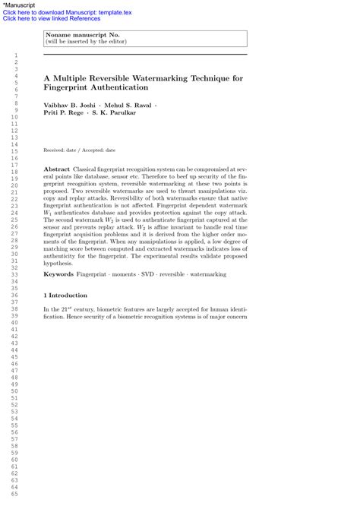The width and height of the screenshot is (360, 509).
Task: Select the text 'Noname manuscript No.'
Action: pyautogui.click(x=82, y=35)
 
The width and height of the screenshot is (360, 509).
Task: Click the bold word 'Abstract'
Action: pyautogui.click(x=57, y=169)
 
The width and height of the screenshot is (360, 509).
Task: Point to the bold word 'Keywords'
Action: pyautogui.click(x=58, y=273)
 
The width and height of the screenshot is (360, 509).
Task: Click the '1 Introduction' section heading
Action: pyautogui.click(x=65, y=295)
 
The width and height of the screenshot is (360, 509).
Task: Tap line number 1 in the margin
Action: pyautogui.click(x=14, y=56)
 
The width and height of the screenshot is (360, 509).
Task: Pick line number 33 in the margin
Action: pyautogui.click(x=14, y=274)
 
